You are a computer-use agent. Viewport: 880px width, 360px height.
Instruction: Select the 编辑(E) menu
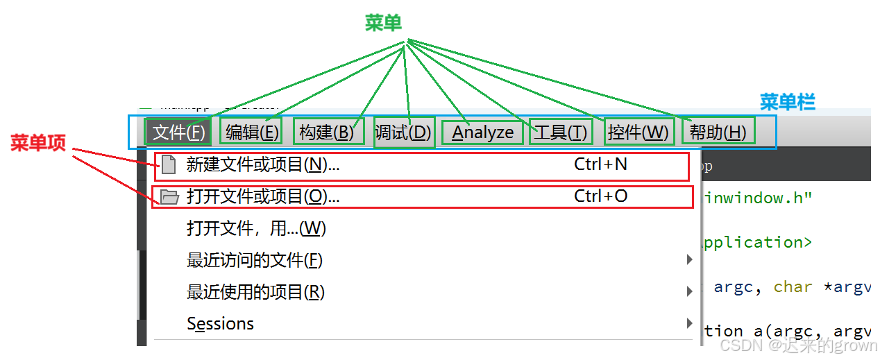(252, 132)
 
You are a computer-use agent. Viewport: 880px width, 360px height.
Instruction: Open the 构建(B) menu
(326, 132)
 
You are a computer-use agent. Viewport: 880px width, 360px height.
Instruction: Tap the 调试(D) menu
(403, 132)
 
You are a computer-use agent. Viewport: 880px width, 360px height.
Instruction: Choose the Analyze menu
(483, 132)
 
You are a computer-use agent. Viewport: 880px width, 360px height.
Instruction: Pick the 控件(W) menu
(638, 132)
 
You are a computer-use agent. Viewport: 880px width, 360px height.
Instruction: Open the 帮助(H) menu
(718, 132)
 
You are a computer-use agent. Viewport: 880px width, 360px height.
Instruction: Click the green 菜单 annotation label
(383, 23)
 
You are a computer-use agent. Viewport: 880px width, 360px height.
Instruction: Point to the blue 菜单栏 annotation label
(787, 102)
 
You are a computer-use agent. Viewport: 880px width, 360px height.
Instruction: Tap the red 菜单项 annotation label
(38, 143)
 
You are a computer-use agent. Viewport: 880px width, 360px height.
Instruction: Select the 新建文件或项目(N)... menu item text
(263, 164)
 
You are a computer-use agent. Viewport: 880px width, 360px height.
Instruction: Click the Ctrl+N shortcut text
(600, 164)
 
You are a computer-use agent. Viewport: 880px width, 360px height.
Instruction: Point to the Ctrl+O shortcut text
(600, 196)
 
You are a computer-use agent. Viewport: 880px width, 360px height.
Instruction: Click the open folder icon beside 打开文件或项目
(169, 197)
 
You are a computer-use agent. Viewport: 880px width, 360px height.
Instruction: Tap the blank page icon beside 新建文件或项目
(168, 165)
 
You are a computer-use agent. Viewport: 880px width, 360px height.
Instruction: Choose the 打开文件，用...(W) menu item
(256, 228)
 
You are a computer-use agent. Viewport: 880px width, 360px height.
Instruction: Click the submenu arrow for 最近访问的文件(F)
(689, 260)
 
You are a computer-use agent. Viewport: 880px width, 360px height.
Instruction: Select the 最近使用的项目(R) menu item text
(255, 292)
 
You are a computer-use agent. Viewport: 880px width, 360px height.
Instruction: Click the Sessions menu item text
(221, 324)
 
